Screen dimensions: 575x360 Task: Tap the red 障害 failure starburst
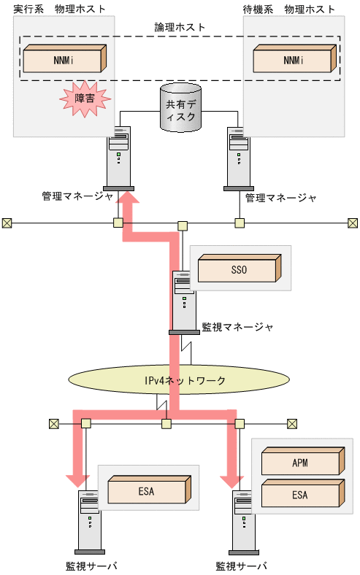coord(85,97)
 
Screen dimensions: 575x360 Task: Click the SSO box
coord(239,269)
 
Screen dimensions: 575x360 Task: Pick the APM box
coord(300,463)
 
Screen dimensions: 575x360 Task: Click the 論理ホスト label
coord(180,26)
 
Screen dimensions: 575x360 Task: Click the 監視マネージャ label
coord(237,326)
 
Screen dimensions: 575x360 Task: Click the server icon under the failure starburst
coord(122,158)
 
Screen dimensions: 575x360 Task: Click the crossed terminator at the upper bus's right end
coord(352,223)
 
